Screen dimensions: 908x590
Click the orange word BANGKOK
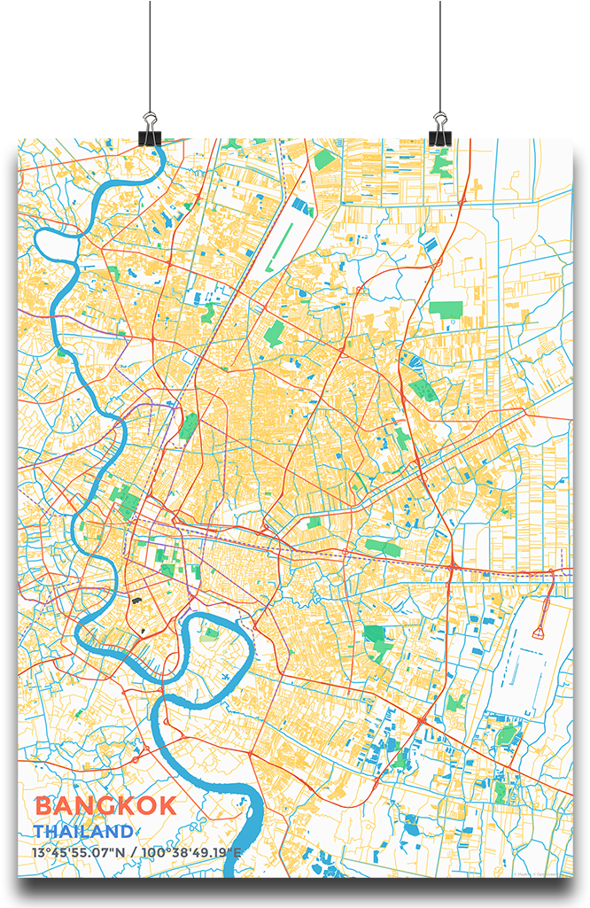(105, 806)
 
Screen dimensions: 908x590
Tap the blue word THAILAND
(83, 832)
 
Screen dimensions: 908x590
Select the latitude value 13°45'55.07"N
(79, 853)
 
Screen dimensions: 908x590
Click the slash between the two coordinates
(134, 853)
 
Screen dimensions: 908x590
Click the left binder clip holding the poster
(150, 128)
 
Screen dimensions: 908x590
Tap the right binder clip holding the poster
(440, 128)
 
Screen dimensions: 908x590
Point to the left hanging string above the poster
(150, 53)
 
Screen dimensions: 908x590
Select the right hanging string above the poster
(440, 53)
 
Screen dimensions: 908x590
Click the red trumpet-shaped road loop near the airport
(540, 631)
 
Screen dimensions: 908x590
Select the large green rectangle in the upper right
(446, 310)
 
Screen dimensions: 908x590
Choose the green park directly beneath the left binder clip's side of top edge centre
(324, 160)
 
